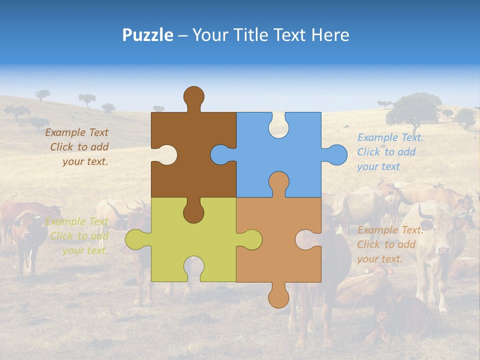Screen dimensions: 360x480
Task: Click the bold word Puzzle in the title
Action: click(147, 35)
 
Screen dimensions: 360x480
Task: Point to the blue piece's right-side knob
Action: click(336, 154)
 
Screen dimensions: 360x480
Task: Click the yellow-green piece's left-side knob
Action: click(135, 239)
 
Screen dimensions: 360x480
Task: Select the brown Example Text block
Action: click(78, 147)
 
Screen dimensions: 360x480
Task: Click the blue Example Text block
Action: click(390, 152)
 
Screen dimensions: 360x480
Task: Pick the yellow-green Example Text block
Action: click(78, 236)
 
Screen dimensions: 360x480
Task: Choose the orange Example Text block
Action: click(390, 244)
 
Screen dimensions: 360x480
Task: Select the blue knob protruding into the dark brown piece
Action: click(221, 154)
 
